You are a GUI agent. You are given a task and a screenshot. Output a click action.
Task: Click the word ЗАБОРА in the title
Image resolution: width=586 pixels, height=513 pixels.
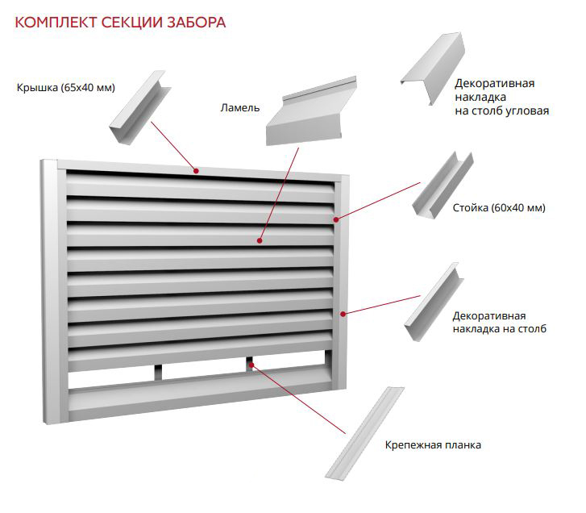tap(196, 23)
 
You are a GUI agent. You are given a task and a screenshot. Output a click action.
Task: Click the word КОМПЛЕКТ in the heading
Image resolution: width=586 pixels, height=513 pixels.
tap(56, 23)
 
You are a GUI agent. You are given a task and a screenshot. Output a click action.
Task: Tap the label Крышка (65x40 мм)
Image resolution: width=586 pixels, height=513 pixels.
tap(66, 87)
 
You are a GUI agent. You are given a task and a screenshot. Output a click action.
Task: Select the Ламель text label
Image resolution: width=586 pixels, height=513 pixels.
tap(240, 108)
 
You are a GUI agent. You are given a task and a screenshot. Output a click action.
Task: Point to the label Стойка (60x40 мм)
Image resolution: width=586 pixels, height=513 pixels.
tap(499, 207)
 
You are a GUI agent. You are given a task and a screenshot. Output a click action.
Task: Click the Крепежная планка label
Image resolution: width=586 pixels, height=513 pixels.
tap(433, 445)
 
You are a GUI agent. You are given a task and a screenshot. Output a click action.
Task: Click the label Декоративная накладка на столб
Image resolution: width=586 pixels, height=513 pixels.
tap(499, 323)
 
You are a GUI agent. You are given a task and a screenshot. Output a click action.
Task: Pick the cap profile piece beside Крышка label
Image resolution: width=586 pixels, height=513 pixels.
tap(139, 107)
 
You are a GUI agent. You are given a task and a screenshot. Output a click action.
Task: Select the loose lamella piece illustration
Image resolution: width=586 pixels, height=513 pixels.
tap(311, 111)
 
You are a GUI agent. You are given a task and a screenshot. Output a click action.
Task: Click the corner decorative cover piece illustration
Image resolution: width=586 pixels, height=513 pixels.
tap(434, 67)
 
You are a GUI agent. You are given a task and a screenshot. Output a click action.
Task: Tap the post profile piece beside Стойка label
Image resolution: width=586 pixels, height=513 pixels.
tap(443, 185)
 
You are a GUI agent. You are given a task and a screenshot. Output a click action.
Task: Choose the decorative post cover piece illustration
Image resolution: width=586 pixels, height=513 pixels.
tap(434, 302)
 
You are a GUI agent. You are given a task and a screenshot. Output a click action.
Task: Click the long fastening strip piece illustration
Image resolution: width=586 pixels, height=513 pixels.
tap(365, 433)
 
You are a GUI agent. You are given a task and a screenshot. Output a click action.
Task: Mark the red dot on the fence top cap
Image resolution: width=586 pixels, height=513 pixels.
tap(196, 171)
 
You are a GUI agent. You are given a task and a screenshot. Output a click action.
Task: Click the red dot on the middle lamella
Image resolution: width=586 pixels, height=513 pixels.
tap(260, 241)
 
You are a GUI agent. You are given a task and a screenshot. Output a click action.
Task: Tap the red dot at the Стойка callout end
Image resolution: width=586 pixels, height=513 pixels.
tap(336, 220)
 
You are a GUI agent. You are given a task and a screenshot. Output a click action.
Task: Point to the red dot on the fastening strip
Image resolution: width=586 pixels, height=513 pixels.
tap(251, 365)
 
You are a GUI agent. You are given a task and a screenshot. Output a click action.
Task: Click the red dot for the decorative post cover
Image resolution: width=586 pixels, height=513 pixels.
tap(343, 314)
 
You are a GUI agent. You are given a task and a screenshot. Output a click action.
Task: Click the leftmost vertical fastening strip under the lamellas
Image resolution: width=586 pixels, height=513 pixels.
tap(159, 372)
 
